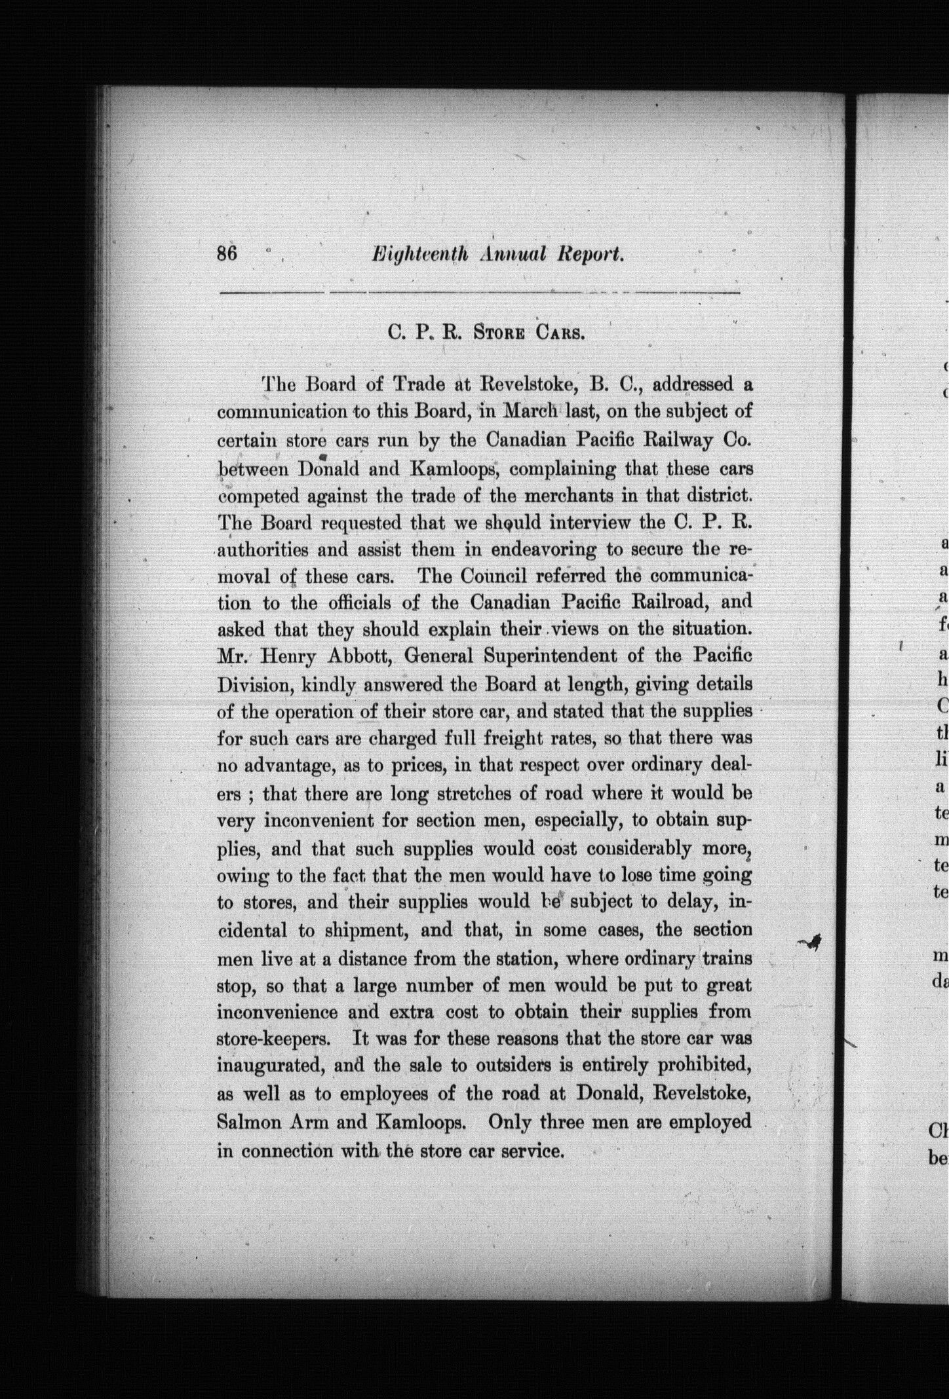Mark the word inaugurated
[270, 1066]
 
